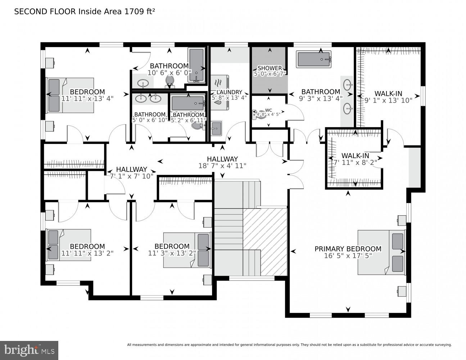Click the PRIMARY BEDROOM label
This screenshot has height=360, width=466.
click(348, 249)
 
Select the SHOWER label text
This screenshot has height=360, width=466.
click(270, 68)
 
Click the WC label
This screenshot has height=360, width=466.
click(268, 110)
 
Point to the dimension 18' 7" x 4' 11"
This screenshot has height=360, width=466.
click(222, 166)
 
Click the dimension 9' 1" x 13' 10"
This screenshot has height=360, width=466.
click(388, 100)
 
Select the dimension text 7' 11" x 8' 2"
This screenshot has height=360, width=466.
click(355, 162)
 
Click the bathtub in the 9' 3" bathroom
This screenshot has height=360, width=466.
click(314, 59)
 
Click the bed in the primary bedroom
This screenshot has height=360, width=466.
click(381, 252)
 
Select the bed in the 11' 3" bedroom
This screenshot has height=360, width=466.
click(187, 250)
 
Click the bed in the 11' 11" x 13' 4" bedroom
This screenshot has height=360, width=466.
click(70, 95)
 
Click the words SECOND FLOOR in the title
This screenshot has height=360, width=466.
click(45, 12)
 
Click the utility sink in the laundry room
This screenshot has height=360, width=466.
click(216, 128)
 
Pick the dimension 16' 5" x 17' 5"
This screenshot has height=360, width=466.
click(348, 256)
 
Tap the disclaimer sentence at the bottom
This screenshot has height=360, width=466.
click(289, 345)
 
